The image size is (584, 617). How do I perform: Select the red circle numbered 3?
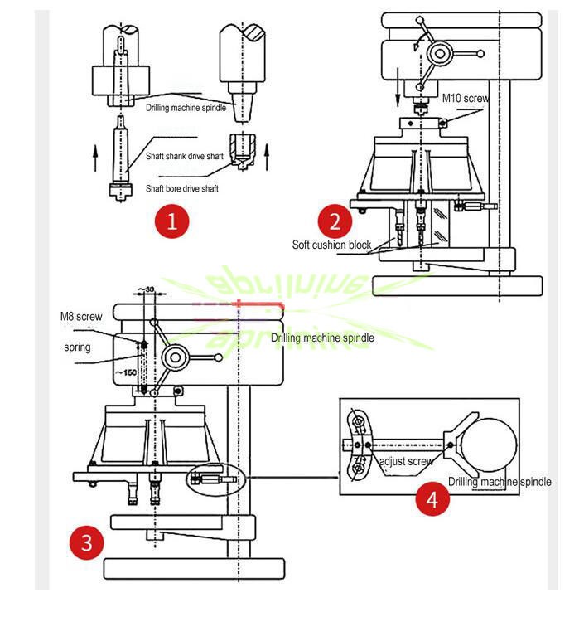coord(87,543)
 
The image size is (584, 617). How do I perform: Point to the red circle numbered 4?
coord(432,499)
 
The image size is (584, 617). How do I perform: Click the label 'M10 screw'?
coord(465,98)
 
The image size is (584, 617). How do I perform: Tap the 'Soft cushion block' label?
coord(331,245)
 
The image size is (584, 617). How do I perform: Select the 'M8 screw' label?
coord(81,317)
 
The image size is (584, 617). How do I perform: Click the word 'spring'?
coord(79,347)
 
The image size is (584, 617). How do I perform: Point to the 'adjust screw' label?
coord(405,461)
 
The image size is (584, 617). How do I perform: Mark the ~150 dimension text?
coord(126,372)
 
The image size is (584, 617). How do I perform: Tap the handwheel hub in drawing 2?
coord(440,56)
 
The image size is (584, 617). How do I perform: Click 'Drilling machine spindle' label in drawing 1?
coord(186,108)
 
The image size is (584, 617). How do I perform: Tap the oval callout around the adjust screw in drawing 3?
coord(214,479)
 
